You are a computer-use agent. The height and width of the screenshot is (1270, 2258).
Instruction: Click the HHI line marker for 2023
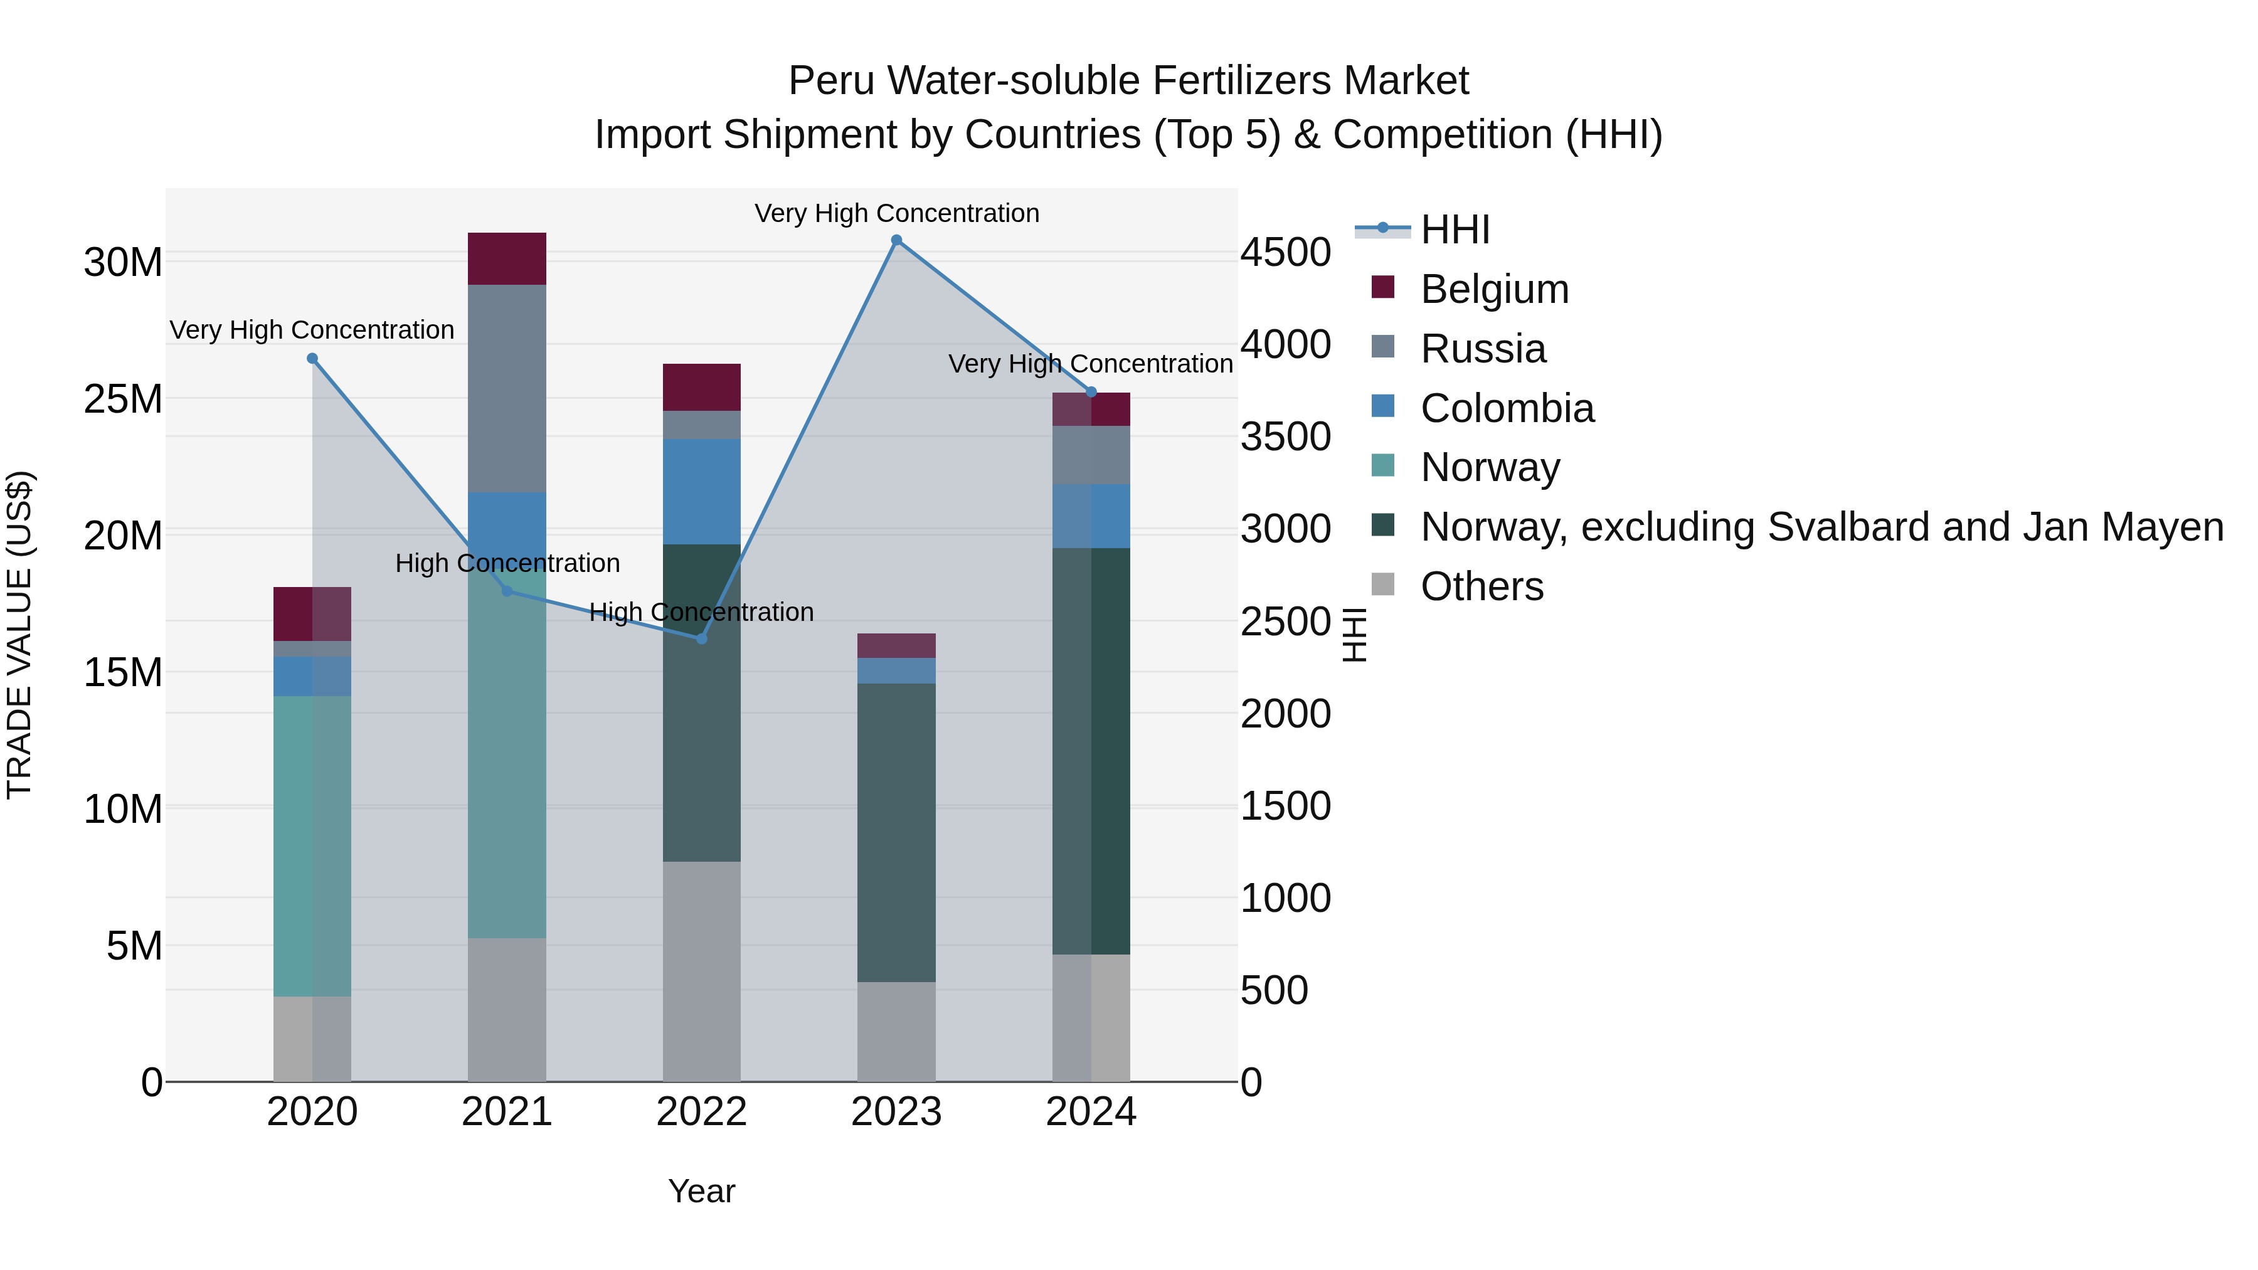pos(896,240)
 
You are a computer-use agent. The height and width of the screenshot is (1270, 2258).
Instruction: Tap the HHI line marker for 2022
pos(701,639)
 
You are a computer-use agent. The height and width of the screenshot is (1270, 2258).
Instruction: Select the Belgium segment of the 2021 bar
pos(507,258)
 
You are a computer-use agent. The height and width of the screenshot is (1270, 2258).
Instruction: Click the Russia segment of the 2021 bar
pos(507,388)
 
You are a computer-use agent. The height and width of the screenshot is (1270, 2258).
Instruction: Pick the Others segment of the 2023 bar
pos(896,1032)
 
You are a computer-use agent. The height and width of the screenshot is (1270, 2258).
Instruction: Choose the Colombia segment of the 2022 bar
pos(701,492)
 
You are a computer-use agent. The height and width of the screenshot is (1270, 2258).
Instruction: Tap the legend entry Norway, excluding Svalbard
pos(1821,527)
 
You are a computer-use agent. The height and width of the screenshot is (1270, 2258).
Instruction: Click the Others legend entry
pos(1481,586)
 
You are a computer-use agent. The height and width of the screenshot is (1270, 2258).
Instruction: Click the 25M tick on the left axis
pos(123,400)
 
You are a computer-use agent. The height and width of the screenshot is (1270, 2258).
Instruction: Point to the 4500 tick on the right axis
pos(1285,252)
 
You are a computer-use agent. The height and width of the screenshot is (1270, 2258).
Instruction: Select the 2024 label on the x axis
pos(1091,1112)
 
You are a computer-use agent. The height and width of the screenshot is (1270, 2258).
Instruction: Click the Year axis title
pos(701,1191)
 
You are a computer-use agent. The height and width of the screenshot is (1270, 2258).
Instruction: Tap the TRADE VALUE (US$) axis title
pos(19,635)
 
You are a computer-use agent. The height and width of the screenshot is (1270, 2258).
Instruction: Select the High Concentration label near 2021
pos(507,563)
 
